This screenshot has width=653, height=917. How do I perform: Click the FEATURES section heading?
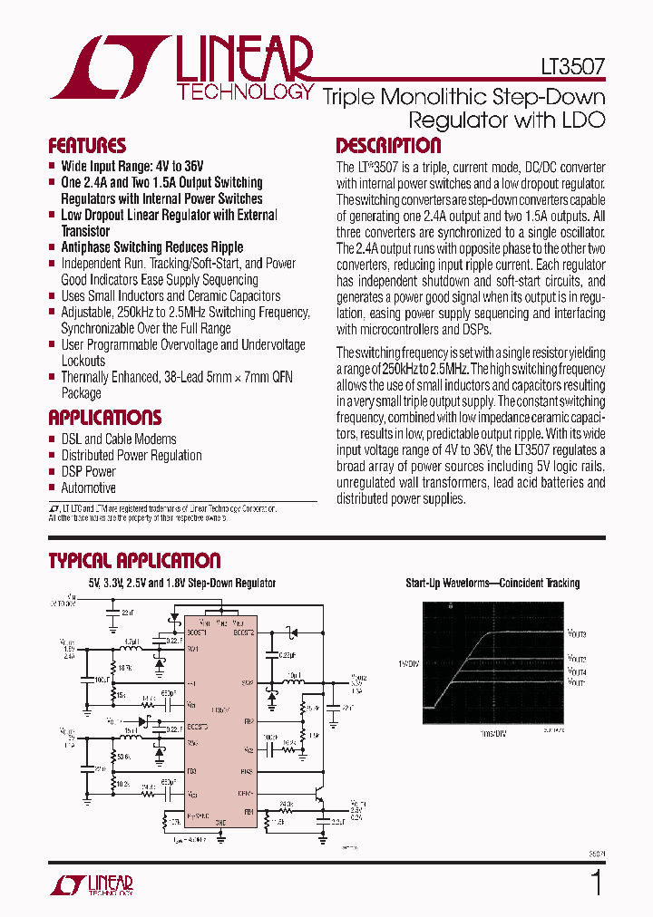(87, 146)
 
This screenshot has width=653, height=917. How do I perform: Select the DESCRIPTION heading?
(388, 146)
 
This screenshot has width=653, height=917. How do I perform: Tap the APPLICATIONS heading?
(104, 418)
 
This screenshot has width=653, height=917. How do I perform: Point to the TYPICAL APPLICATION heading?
(134, 561)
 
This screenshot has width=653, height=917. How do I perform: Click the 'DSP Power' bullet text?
(88, 471)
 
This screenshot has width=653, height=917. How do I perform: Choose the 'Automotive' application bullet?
(88, 487)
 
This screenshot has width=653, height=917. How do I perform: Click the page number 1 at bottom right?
(596, 883)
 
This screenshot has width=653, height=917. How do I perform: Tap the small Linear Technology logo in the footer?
(91, 883)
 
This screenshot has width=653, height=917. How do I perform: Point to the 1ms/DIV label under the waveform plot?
(493, 733)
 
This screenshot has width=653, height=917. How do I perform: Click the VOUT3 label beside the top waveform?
(577, 634)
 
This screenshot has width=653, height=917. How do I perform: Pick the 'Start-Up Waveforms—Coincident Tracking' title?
(492, 584)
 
